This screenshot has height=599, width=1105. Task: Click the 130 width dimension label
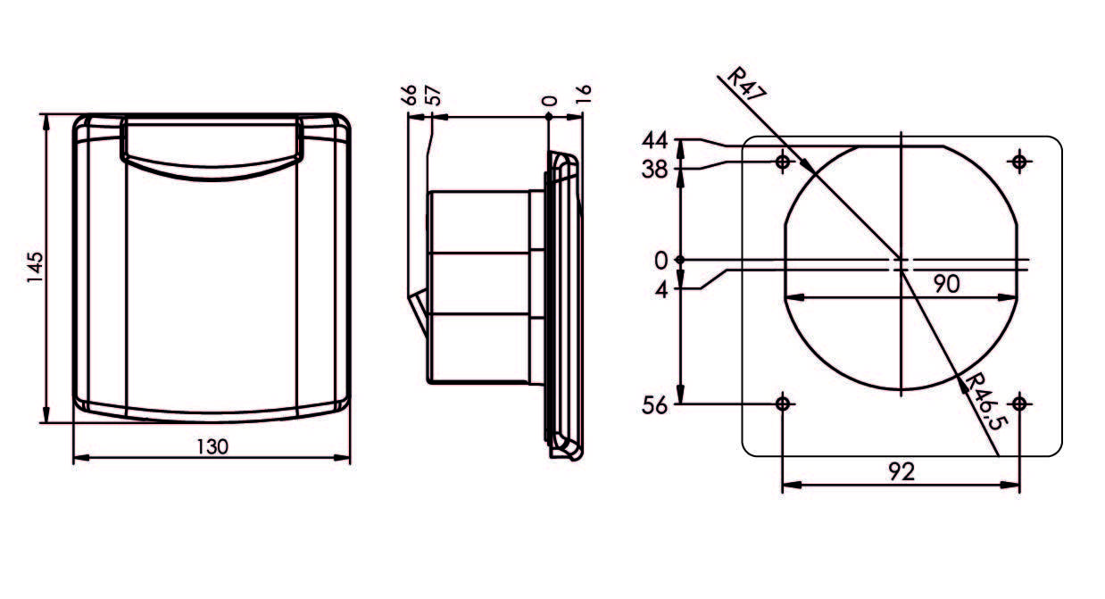211,446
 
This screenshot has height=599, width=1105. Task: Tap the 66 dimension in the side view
411,96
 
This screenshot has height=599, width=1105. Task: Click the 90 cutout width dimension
945,284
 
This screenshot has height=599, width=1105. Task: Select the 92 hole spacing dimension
902,472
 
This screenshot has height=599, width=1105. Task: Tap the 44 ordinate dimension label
655,141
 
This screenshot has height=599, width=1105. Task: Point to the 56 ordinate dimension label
655,405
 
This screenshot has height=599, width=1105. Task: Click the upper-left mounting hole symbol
783,162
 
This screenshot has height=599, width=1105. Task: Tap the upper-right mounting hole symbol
1020,162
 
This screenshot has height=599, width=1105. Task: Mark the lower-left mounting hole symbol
783,403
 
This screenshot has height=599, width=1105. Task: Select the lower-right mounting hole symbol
1020,403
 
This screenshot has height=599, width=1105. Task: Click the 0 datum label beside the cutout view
661,261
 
